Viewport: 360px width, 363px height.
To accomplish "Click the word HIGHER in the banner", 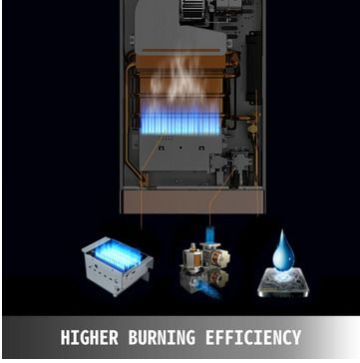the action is tap(89, 337).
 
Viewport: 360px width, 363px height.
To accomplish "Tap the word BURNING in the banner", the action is tap(162, 337).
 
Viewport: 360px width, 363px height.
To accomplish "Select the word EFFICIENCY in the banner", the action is tap(253, 337).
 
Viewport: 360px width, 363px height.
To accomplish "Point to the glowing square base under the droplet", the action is tap(283, 283).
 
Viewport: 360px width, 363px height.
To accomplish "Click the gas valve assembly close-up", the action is tap(206, 264).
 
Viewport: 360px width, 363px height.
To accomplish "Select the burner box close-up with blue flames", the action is tap(117, 265).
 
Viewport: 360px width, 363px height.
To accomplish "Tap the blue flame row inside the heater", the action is tap(180, 124).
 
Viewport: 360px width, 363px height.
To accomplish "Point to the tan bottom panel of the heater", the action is tap(192, 201).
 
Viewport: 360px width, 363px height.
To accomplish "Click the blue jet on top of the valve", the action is tap(209, 233).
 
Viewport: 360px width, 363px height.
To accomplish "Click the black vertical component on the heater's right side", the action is tap(253, 67).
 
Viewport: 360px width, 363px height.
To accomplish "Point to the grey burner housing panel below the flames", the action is tap(180, 154).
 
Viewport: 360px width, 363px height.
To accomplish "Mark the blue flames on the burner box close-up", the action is tap(118, 254).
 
